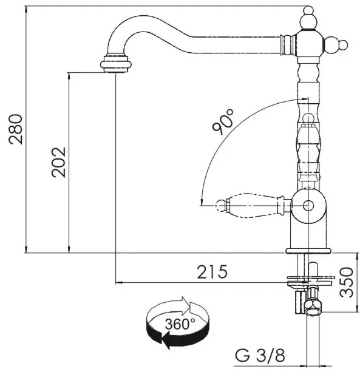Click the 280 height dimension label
tap(16, 129)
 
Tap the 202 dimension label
tap(59, 163)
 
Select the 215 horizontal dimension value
tap(212, 272)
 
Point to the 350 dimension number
tap(347, 282)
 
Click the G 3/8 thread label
tap(260, 355)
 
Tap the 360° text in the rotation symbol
tap(180, 324)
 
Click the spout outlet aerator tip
tap(115, 63)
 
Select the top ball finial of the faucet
tap(308, 18)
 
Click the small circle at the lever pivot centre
tap(308, 206)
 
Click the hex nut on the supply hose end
tap(313, 308)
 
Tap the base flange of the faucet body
tap(308, 251)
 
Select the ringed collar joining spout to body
tap(287, 45)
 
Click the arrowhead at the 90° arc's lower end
tap(202, 202)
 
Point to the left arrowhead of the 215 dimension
tap(119, 282)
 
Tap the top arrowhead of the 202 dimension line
tap(69, 76)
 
